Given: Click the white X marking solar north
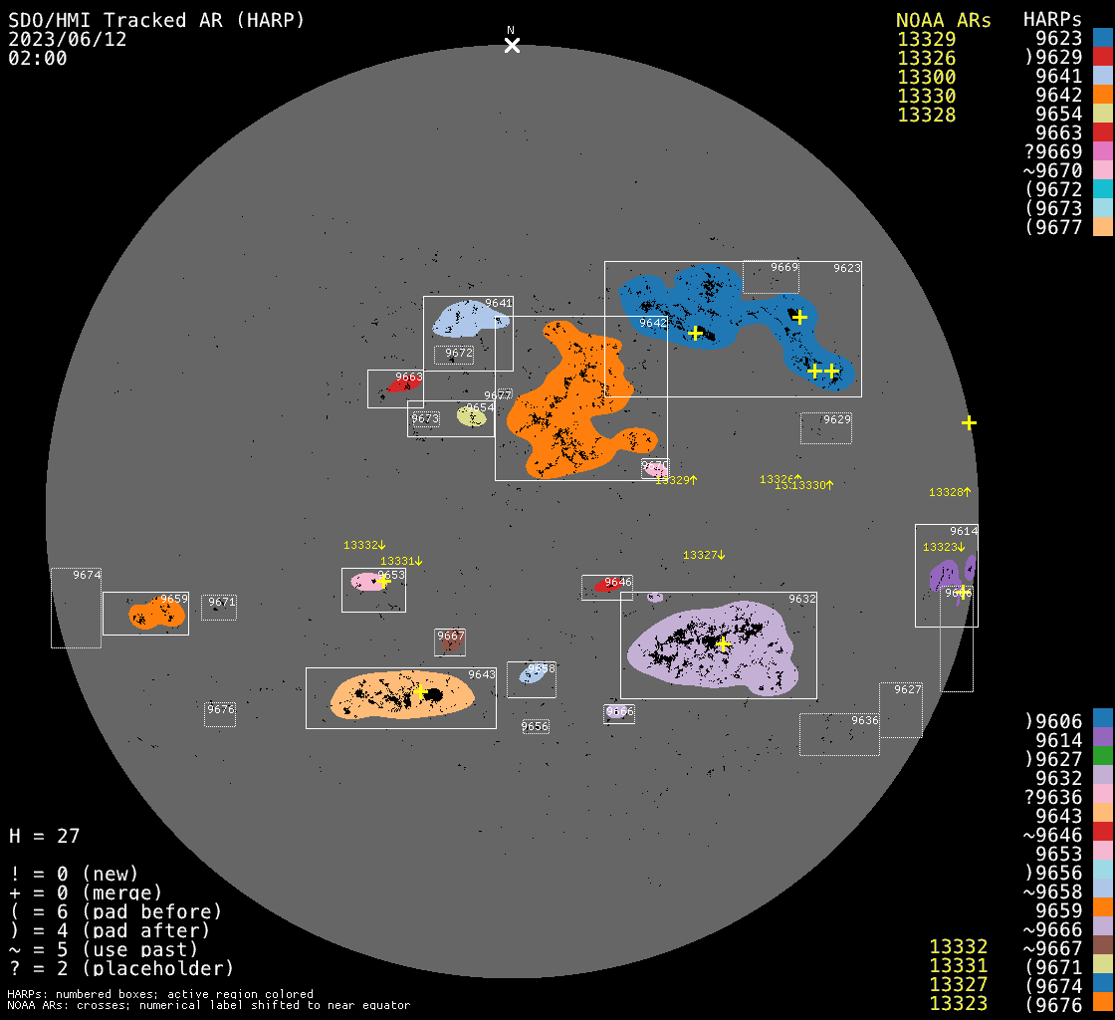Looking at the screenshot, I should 512,45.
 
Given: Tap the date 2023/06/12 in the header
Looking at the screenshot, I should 68,39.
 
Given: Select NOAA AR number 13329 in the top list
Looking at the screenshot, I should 926,40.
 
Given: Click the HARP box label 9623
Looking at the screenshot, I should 846,268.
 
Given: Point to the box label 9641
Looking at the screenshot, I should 499,303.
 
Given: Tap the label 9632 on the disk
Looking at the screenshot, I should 802,599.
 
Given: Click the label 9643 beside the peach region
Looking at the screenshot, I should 482,674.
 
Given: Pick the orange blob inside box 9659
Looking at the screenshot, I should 155,614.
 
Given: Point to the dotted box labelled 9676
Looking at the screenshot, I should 220,713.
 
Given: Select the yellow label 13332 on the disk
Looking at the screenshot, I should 361,545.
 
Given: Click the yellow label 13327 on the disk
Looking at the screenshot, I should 701,555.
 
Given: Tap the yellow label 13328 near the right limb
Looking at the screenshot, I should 946,492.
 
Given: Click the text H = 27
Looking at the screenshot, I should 44,836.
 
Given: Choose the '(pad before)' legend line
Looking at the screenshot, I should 115,911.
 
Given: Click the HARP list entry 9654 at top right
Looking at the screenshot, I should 1058,115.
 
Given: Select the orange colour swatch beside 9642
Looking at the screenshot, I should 1102,96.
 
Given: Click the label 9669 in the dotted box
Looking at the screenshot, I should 784,268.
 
